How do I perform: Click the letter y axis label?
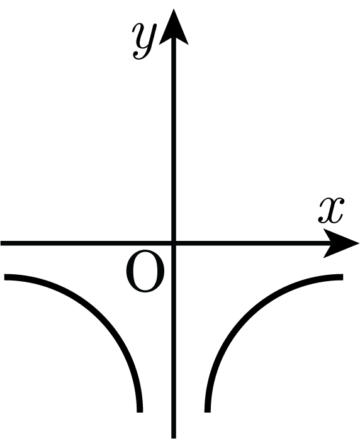pos(143,41)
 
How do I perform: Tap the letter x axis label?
pos(331,210)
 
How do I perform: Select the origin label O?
pos(145,272)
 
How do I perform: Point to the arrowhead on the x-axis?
pos(341,243)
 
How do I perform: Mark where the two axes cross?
pos(174,243)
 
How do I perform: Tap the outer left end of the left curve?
pos(4,277)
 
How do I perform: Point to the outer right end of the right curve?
pos(342,277)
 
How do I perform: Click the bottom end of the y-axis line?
pos(174,438)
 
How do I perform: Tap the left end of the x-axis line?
pos(1,243)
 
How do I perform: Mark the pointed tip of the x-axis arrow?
pos(359,243)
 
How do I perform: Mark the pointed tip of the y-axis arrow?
pos(174,9)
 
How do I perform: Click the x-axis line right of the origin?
pos(252,243)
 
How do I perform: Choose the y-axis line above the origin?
pos(174,140)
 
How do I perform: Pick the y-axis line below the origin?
pos(174,340)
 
